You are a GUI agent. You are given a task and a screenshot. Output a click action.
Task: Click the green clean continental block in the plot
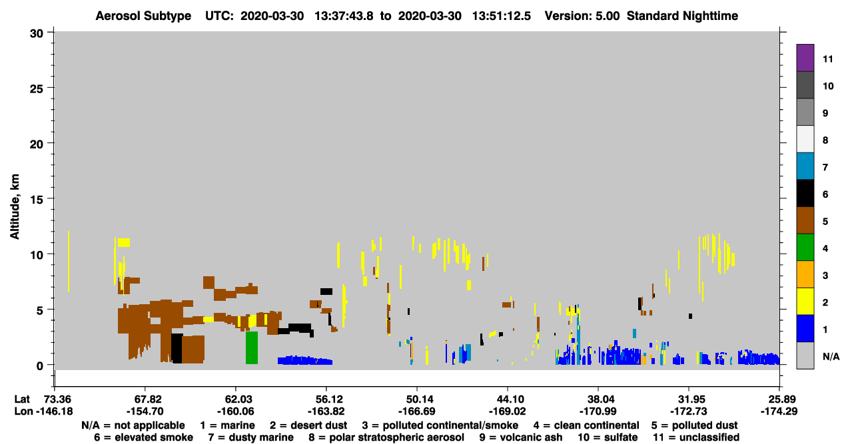252,347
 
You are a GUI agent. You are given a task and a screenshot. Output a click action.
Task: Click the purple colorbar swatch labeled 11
805,57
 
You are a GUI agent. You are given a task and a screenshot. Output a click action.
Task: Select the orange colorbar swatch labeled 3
805,274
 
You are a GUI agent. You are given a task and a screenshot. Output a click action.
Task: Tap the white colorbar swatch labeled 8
805,138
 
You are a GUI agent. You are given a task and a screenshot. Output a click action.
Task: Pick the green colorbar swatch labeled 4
805,248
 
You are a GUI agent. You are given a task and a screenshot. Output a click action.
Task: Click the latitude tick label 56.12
326,399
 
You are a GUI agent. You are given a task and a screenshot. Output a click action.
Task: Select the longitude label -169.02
507,411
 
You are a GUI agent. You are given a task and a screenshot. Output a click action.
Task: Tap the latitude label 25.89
779,399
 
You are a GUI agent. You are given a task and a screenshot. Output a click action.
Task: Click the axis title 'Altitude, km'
15,207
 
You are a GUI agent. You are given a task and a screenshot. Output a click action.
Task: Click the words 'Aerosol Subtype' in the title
143,16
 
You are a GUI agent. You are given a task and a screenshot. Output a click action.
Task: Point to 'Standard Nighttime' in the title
682,16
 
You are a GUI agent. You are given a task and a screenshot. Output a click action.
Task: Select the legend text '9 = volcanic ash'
521,437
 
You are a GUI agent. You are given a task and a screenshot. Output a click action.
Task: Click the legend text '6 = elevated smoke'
143,437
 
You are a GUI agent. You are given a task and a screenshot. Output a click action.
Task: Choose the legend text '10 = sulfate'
608,437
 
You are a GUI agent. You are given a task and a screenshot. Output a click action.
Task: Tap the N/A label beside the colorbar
831,357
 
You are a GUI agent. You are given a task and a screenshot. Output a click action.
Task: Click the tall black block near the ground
177,348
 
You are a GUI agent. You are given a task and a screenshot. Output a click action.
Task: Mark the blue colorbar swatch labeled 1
805,328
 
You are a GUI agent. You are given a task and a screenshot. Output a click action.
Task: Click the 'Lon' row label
23,411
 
